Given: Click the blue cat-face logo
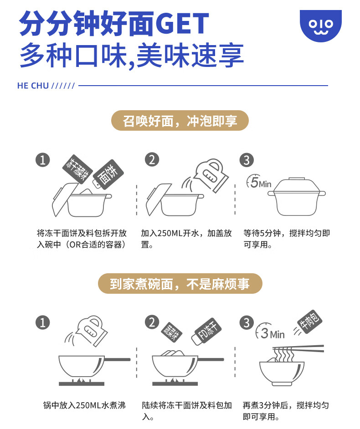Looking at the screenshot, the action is (320, 26).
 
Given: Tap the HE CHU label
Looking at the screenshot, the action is (33, 86).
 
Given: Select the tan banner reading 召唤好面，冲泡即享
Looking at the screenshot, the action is (180, 121).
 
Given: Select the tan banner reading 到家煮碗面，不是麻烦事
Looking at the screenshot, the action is (180, 283).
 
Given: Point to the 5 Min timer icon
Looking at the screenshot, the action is (259, 181).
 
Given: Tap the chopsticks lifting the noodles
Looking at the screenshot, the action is (298, 348).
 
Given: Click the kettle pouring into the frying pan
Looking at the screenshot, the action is (87, 330).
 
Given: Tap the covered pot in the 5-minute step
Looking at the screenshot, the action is (297, 196).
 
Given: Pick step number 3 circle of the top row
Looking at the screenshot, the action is (247, 160).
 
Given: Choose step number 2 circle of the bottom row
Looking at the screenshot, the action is (152, 322).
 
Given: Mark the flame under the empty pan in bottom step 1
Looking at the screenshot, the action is (81, 380).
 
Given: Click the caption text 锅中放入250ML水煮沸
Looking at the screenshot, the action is (84, 405).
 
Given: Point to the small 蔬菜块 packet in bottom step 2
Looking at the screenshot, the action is (171, 332).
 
